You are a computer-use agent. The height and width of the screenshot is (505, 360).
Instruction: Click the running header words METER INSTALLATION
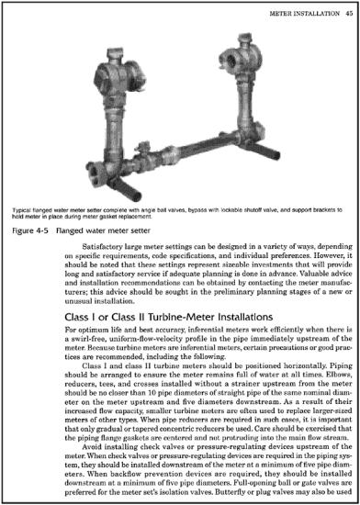click(x=301, y=14)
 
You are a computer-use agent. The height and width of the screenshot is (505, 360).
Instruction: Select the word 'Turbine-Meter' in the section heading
click(x=174, y=295)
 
